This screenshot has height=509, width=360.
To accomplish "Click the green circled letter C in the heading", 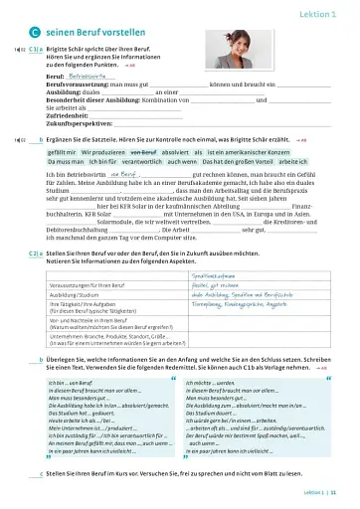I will [34, 31].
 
